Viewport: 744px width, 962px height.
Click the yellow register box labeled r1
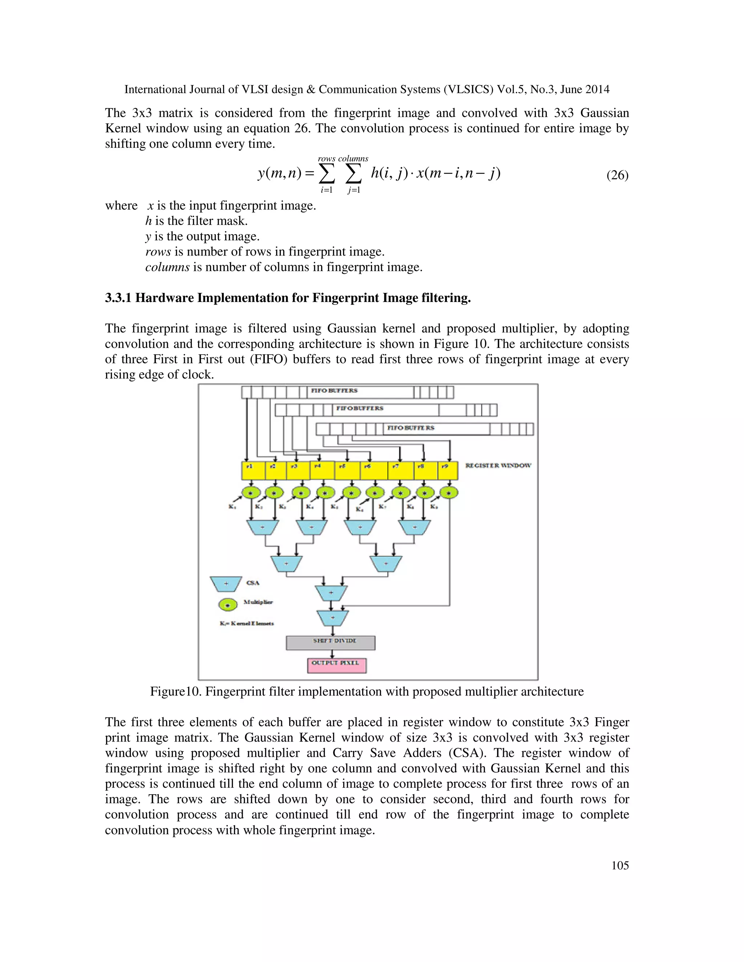[x=253, y=471]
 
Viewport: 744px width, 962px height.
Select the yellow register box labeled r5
[x=347, y=471]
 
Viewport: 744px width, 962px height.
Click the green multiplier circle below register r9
[x=449, y=493]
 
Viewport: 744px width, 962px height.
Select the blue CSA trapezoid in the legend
[x=226, y=584]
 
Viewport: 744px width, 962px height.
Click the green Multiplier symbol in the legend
[x=228, y=605]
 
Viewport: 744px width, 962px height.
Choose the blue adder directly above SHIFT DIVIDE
[x=332, y=618]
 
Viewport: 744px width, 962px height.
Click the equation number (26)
[x=617, y=175]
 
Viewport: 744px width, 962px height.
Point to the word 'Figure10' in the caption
[x=175, y=692]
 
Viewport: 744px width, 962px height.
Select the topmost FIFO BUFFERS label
[x=334, y=391]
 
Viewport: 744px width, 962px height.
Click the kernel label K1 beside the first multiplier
[x=232, y=506]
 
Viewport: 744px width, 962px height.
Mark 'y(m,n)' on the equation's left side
[x=279, y=174]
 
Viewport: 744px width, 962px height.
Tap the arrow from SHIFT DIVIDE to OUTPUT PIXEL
[x=331, y=654]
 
